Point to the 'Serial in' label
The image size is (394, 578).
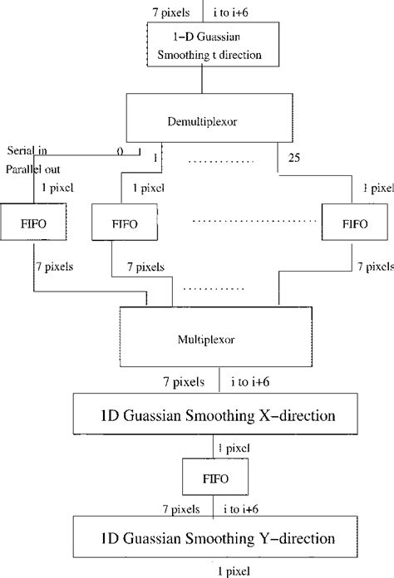pos(27,150)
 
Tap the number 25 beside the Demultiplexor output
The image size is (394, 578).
pos(293,157)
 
